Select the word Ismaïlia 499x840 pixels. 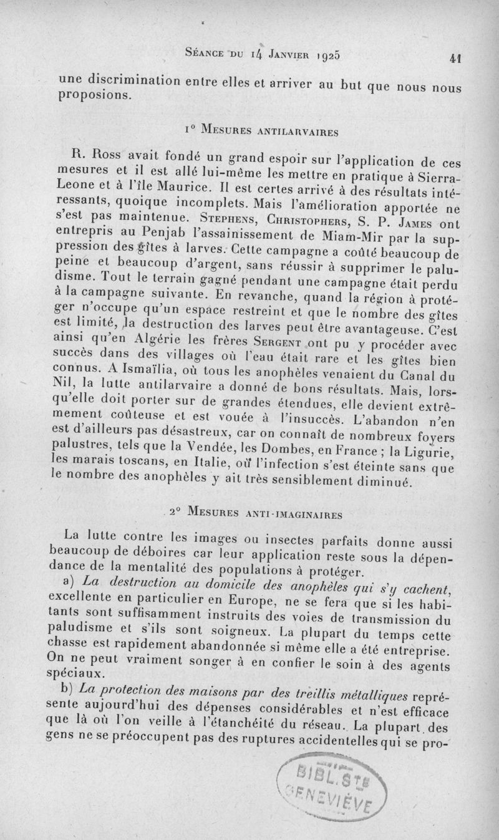[124, 372]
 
